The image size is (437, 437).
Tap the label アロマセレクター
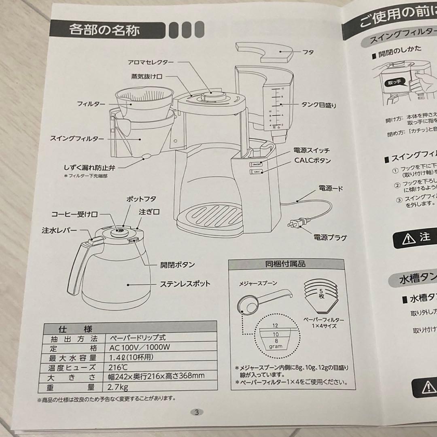[x=151, y=62]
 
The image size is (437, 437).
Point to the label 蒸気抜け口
[x=146, y=76]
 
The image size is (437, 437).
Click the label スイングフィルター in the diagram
[x=76, y=138]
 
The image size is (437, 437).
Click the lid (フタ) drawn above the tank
[x=263, y=52]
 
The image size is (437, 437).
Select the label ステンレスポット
[x=185, y=284]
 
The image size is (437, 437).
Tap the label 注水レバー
[x=59, y=231]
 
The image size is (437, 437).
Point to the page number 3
[x=197, y=412]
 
